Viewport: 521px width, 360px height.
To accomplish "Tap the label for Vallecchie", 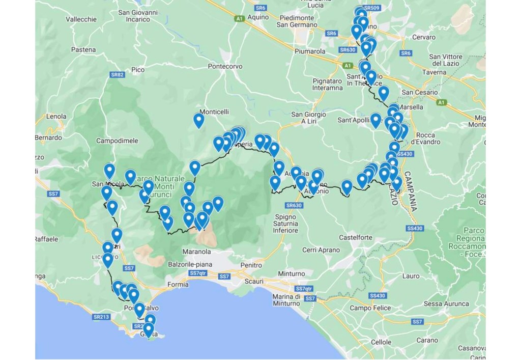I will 81,19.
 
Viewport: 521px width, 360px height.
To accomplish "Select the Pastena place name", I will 83,49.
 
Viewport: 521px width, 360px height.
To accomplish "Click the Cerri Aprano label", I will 321,250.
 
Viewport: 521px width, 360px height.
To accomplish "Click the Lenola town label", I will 56,116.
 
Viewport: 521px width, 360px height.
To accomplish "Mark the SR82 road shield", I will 118,75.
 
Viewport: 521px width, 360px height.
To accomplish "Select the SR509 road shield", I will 372,8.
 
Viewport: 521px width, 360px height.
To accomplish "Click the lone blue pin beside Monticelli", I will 199,120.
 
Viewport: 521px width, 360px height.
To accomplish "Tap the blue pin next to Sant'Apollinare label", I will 375,120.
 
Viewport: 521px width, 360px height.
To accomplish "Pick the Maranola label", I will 196,251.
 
